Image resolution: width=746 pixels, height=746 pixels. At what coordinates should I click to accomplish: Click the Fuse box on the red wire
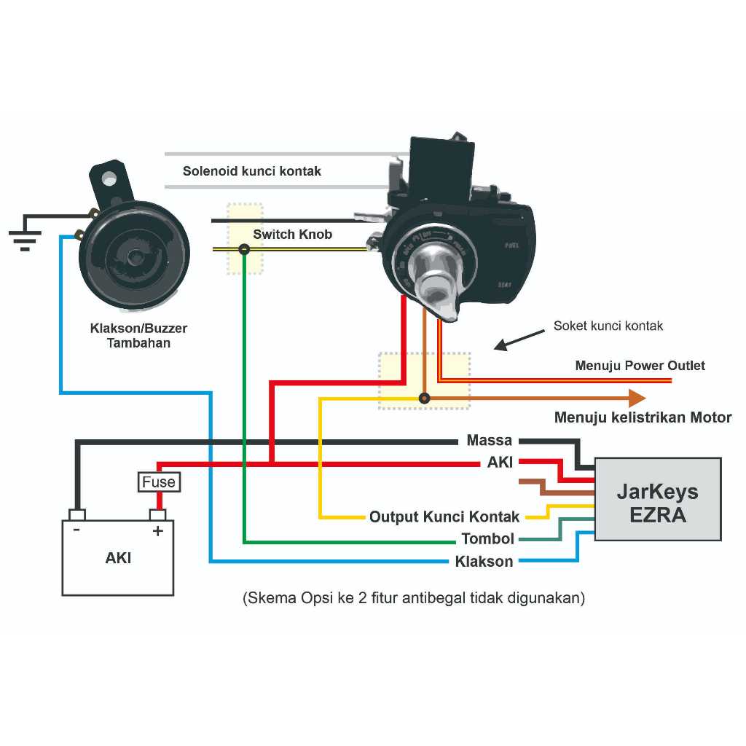[159, 482]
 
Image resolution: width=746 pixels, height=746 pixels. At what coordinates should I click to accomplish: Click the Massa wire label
[489, 441]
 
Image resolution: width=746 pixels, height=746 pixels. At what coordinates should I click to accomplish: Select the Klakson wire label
[484, 562]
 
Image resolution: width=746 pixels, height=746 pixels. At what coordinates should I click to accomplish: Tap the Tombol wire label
[487, 539]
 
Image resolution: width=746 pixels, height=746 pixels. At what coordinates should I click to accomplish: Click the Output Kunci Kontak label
[444, 517]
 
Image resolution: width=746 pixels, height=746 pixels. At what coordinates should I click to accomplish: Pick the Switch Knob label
[292, 235]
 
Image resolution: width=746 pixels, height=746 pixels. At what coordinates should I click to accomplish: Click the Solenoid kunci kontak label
[251, 171]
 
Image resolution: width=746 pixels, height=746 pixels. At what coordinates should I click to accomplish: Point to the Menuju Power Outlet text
[640, 365]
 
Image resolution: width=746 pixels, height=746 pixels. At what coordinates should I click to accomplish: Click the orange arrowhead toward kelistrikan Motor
[637, 398]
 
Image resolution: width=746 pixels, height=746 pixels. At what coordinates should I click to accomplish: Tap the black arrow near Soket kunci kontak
[519, 340]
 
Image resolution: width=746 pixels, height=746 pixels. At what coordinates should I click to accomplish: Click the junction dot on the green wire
[244, 250]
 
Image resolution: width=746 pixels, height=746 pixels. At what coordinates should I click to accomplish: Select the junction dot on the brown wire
[424, 398]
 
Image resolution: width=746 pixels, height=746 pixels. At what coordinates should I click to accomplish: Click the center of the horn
[135, 256]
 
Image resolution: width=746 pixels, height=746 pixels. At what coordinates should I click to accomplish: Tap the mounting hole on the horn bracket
[109, 177]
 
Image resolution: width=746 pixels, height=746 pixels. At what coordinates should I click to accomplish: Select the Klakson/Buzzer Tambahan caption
[138, 336]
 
